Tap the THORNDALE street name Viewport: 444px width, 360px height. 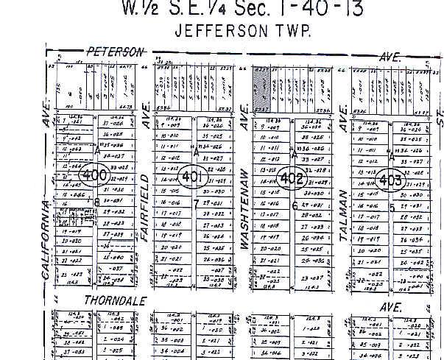(x=115, y=300)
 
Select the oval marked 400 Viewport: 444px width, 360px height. (x=95, y=177)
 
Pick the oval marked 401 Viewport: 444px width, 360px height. (x=192, y=177)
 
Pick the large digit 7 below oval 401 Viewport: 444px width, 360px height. (x=196, y=202)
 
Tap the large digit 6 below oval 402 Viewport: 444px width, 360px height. (x=295, y=205)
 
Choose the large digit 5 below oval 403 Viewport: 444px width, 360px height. (x=392, y=207)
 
